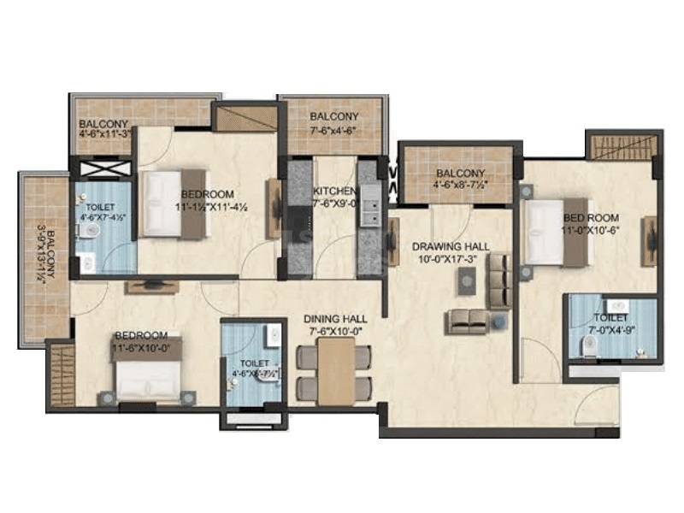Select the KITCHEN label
pyautogui.click(x=329, y=191)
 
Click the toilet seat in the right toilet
pyautogui.click(x=587, y=344)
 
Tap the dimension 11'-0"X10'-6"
pyautogui.click(x=590, y=230)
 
